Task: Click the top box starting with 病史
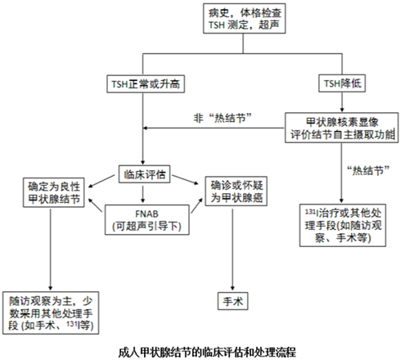[245, 19]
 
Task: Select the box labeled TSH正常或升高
[146, 83]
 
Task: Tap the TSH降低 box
[342, 83]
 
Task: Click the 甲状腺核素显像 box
[342, 128]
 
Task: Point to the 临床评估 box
[145, 174]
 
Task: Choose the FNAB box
[147, 220]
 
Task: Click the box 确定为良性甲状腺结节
[54, 192]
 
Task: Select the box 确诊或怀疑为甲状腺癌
[236, 191]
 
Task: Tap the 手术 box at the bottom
[233, 301]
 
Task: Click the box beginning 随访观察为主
[51, 313]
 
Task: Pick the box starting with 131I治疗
[343, 225]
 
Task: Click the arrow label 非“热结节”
[222, 119]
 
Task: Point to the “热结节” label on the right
[368, 171]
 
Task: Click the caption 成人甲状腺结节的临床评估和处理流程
[207, 353]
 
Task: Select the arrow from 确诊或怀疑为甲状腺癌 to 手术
[232, 250]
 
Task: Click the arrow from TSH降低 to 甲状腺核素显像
[342, 102]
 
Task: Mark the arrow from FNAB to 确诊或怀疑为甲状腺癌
[197, 205]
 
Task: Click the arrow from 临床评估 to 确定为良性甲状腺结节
[101, 181]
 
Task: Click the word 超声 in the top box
[269, 25]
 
